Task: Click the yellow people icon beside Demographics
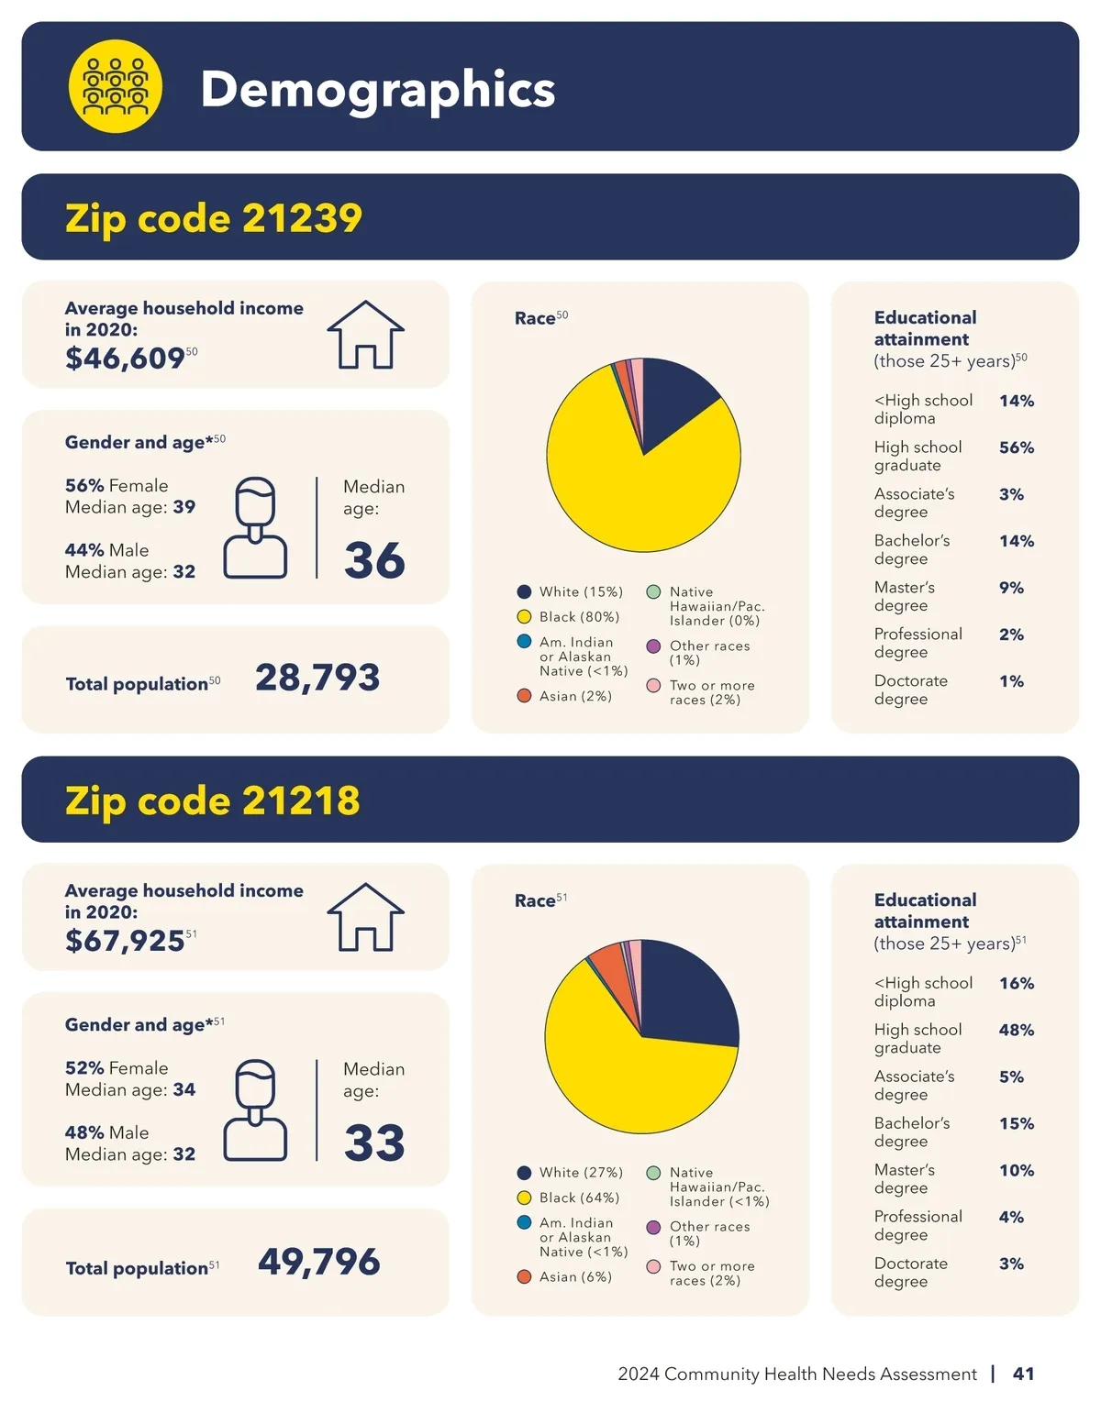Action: point(116,86)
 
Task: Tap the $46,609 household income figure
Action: point(125,358)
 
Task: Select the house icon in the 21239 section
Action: point(366,335)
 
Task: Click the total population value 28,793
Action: point(317,678)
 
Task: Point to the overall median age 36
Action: point(374,560)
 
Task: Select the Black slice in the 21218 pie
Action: point(624,1064)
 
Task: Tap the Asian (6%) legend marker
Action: point(524,1276)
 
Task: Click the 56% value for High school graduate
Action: point(1017,447)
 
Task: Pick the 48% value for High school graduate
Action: point(1017,1030)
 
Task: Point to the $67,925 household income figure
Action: point(125,940)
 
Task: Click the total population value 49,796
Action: point(318,1262)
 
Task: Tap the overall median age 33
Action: point(374,1143)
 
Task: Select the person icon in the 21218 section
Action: point(256,1109)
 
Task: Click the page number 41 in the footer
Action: point(1023,1374)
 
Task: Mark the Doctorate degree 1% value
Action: point(1011,681)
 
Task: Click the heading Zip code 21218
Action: point(213,800)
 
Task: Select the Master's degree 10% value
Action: point(1017,1170)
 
